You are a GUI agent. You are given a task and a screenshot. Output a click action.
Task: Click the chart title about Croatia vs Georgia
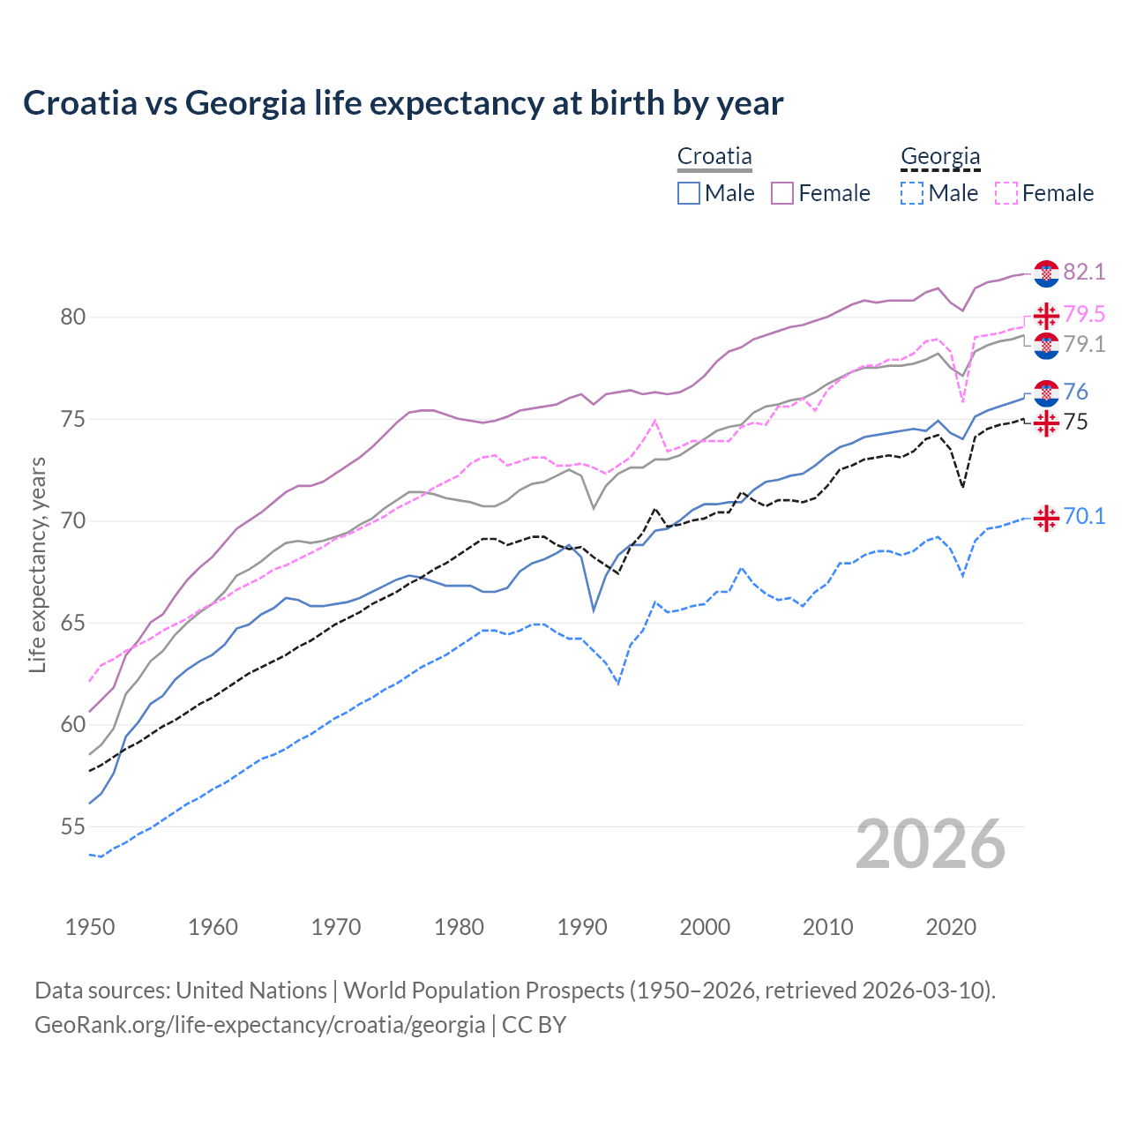point(403,103)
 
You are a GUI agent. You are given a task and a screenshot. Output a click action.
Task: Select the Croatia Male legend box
point(689,193)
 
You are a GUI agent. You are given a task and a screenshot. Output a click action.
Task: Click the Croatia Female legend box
point(782,193)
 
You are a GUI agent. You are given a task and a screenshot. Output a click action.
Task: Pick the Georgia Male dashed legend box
point(912,193)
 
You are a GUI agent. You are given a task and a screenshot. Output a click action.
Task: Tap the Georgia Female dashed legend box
point(1006,193)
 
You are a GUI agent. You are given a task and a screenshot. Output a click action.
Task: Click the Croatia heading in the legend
point(714,157)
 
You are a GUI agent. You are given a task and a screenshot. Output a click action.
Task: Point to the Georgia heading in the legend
point(940,157)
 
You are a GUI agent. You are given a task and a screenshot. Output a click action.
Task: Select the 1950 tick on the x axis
point(90,927)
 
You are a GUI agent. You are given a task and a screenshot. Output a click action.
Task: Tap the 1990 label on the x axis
point(582,927)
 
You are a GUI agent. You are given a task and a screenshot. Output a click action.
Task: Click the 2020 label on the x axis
point(951,927)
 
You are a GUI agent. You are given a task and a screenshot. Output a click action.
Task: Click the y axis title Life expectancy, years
point(37,564)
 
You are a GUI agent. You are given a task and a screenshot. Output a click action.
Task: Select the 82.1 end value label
point(1084,272)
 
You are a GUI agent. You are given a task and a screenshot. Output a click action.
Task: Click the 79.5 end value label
point(1084,314)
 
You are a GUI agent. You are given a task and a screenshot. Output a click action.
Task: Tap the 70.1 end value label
point(1084,516)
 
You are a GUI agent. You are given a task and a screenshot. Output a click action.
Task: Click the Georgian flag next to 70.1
point(1046,519)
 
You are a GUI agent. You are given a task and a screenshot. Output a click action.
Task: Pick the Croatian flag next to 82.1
point(1046,273)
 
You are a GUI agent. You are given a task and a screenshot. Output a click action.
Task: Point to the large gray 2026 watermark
point(931,844)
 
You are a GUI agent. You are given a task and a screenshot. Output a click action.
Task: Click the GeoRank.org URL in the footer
point(259,1024)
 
